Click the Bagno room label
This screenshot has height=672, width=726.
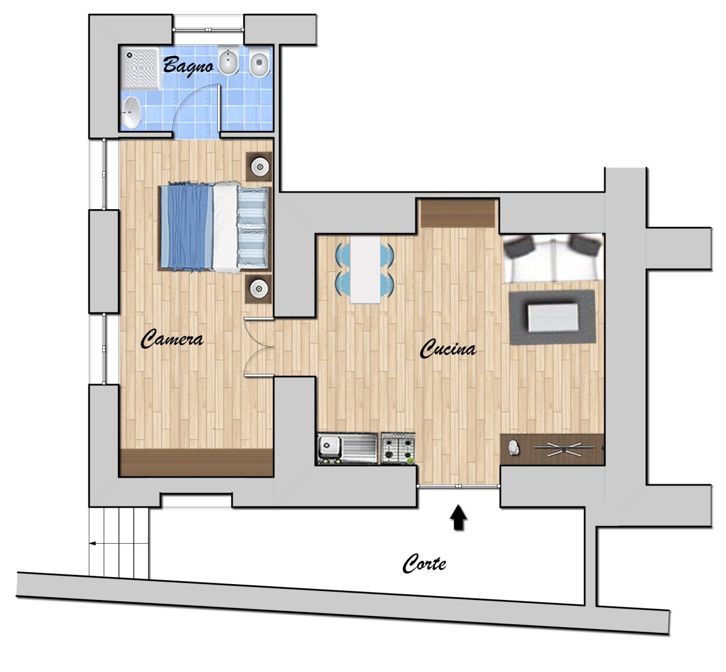pos(188,66)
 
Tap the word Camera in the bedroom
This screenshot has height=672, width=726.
pos(172,339)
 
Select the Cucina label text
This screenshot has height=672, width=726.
pos(448,349)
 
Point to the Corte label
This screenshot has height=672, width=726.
pos(424,564)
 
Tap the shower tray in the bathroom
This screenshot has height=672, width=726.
pos(141,68)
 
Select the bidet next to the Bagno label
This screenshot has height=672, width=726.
pos(229,61)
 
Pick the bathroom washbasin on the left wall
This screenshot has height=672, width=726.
pos(131,112)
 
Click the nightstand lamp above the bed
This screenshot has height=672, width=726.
pos(259,167)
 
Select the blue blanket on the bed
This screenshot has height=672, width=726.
pos(187,227)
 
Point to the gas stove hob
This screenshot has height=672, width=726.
pos(398,448)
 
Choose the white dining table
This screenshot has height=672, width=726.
pos(365,269)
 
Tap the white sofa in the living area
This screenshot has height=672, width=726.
pos(553,259)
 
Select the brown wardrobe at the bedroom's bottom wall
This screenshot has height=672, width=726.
pos(196,463)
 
